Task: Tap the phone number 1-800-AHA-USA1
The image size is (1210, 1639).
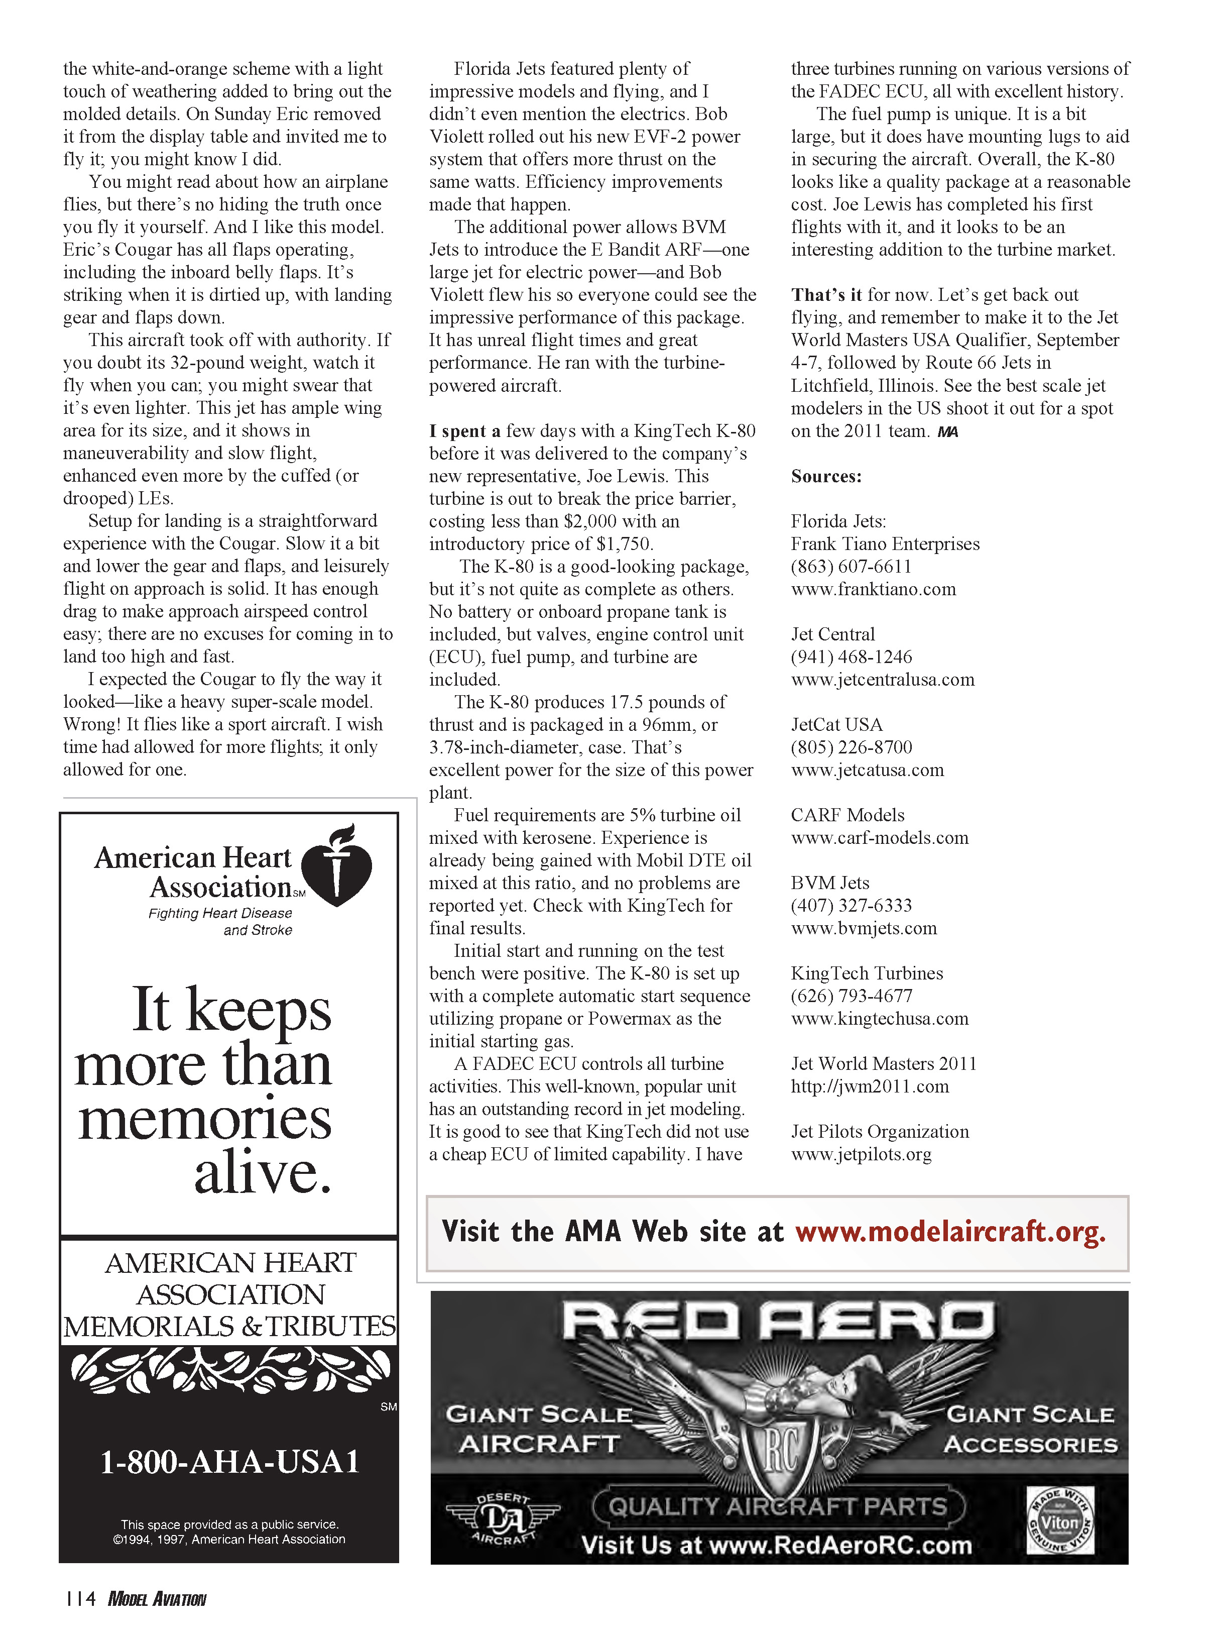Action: pos(229,1462)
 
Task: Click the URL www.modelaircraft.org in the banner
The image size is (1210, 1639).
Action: pos(950,1232)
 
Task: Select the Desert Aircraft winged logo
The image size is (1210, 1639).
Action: pos(503,1520)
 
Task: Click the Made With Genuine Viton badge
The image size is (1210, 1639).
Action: pos(1060,1520)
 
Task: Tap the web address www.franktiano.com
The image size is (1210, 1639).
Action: pos(873,589)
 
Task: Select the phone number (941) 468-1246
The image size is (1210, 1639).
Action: pos(851,657)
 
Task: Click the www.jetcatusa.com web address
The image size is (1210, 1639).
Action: pos(867,770)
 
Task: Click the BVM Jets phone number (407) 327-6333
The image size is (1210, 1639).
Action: pos(851,906)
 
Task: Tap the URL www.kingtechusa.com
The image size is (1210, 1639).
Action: pos(879,1019)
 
